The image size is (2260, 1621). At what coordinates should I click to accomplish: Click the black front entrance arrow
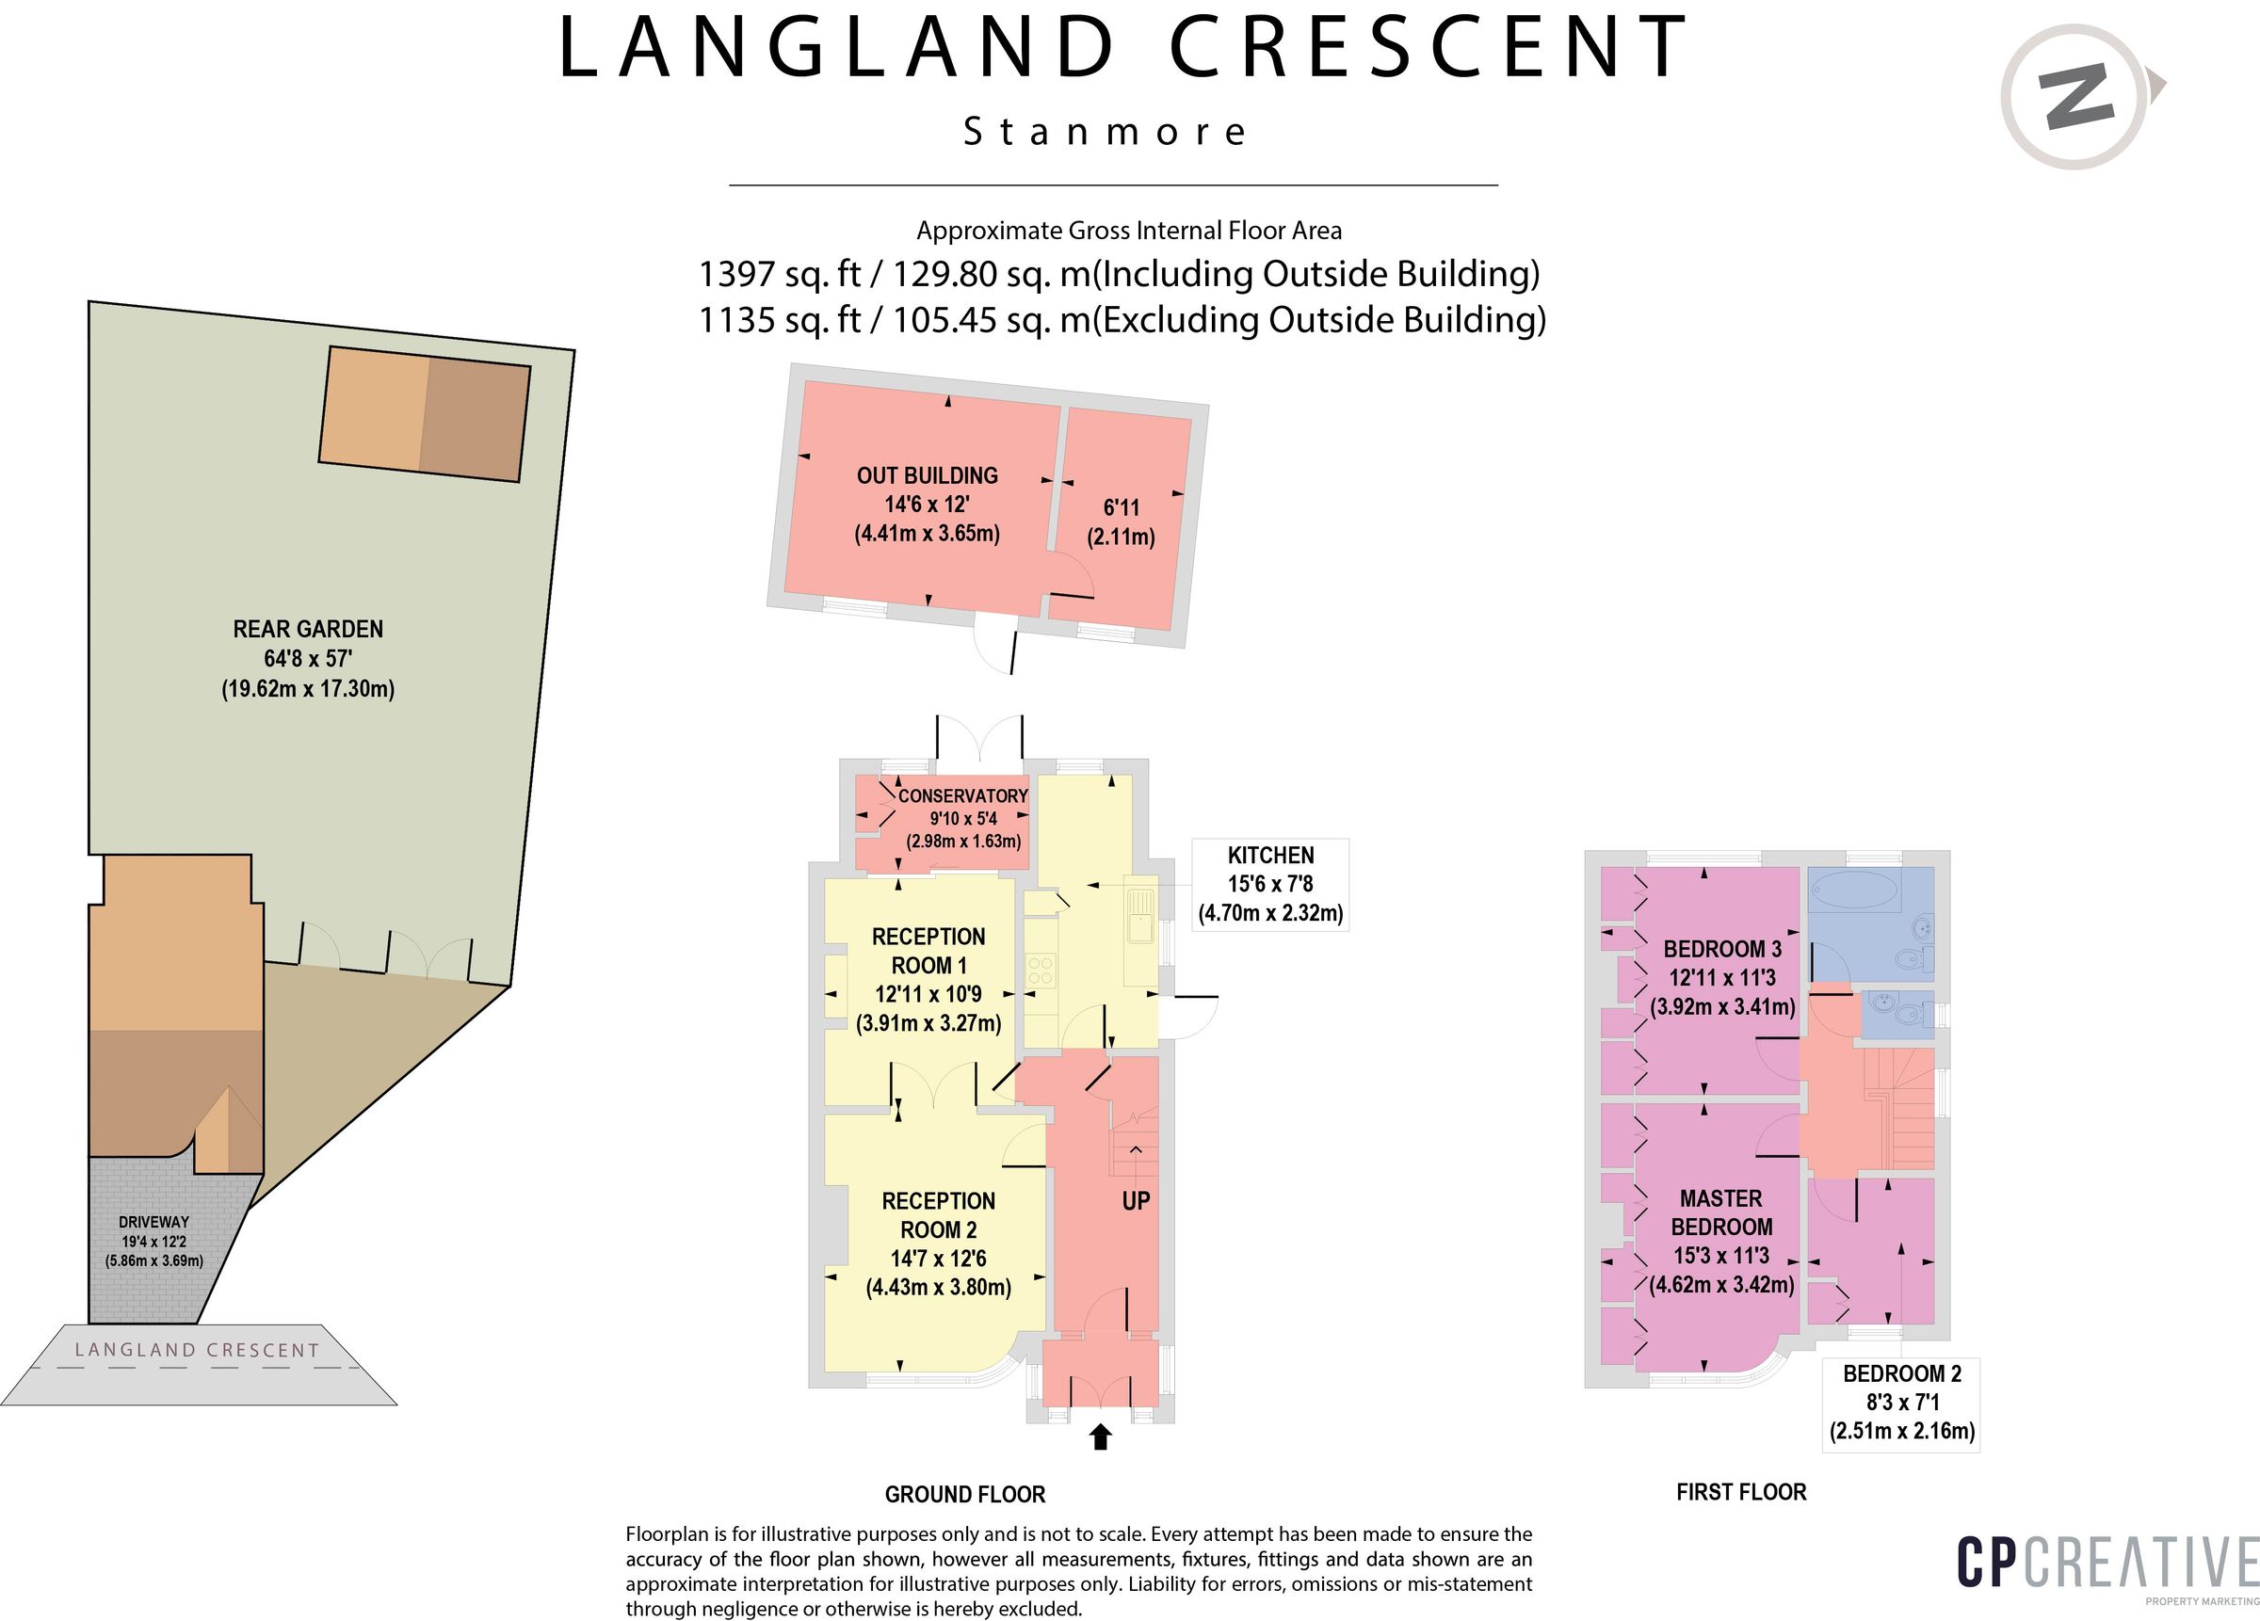point(1100,1436)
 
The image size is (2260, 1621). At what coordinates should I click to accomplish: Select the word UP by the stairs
point(1136,1201)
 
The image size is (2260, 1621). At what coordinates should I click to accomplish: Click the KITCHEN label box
point(1270,884)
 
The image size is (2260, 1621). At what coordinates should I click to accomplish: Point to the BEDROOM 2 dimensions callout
point(1901,1402)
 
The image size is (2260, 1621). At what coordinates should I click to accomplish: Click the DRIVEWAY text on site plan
point(153,1223)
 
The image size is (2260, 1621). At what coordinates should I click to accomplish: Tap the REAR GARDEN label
point(308,630)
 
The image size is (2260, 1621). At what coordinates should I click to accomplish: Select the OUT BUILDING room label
point(927,476)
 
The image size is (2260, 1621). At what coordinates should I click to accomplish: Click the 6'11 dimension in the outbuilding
point(1121,508)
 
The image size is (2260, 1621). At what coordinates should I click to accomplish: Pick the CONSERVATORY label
point(962,796)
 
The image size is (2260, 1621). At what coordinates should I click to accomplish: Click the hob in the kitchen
point(1041,971)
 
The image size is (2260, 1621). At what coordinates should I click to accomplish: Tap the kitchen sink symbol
point(1139,915)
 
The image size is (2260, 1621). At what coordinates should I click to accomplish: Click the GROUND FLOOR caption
point(964,1495)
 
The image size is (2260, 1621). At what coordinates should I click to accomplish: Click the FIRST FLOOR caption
point(1741,1491)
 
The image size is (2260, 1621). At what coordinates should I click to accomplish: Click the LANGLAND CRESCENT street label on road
point(198,1350)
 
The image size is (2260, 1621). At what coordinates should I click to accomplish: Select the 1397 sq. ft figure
point(780,274)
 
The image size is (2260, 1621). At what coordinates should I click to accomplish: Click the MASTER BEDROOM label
point(1721,1212)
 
